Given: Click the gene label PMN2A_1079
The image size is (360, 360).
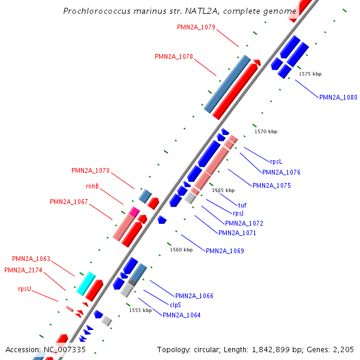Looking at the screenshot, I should (x=196, y=27).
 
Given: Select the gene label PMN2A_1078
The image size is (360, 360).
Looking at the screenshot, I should (x=174, y=56).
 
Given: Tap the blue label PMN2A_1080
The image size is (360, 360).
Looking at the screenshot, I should (x=338, y=97).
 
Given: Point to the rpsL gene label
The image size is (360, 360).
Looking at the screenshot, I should (x=276, y=161).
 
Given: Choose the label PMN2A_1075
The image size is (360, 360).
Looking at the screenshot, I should (x=272, y=186).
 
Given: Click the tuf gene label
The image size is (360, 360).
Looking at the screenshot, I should (x=242, y=205).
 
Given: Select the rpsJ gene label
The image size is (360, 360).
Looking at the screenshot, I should (x=238, y=213).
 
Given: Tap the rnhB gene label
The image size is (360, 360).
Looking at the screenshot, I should (x=92, y=186).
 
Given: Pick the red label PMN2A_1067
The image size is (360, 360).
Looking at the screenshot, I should (x=69, y=202).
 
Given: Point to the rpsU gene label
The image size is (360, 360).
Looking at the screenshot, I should (x=25, y=289).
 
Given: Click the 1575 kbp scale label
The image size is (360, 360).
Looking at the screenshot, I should (x=310, y=74).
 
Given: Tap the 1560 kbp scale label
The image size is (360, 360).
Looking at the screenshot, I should (x=181, y=250).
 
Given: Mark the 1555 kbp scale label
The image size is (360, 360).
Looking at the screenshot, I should (x=140, y=310).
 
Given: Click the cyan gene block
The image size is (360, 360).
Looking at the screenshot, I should (x=86, y=283).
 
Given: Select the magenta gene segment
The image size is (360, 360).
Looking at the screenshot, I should (x=134, y=211).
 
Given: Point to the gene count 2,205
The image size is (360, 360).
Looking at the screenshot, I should (x=343, y=349).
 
